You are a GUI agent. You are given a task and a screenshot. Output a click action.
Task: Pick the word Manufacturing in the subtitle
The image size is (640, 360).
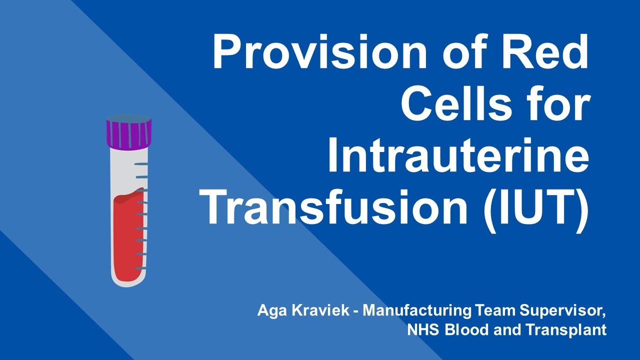[x=416, y=310]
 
